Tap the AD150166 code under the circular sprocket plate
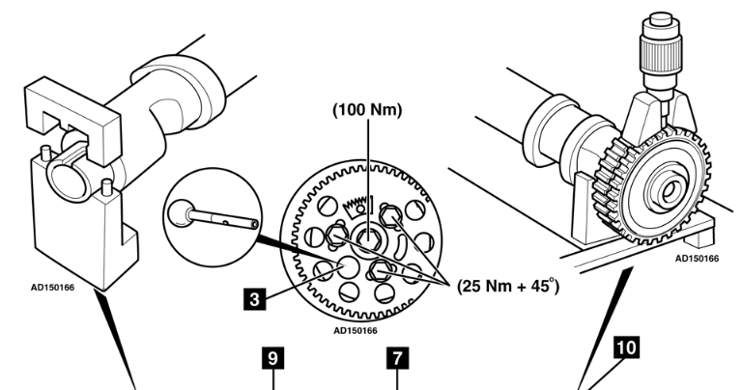click(358, 329)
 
